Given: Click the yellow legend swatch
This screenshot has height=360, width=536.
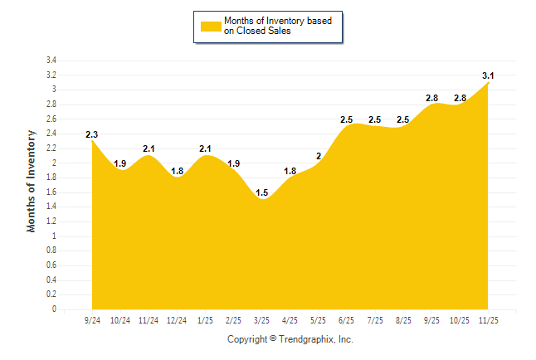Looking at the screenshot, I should click(x=211, y=26).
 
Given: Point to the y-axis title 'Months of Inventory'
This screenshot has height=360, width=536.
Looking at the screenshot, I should click(x=32, y=180).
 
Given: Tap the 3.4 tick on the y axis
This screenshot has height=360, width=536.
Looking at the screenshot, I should click(x=51, y=61).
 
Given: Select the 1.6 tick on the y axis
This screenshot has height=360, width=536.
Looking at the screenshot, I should click(x=51, y=192).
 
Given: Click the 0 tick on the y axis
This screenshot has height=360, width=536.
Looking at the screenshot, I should click(x=54, y=309).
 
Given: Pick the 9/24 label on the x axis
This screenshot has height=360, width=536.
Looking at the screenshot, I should click(x=92, y=320).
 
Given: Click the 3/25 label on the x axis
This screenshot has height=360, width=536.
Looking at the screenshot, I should click(x=262, y=320).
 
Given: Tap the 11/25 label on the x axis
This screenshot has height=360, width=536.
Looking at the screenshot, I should click(x=489, y=320).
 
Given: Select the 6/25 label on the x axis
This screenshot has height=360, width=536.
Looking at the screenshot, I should click(x=347, y=320).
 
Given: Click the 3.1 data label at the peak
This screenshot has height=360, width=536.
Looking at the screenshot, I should click(x=489, y=75).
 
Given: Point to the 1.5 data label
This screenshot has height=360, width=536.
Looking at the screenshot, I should click(x=262, y=193).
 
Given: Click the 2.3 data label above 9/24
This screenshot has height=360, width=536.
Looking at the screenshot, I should click(x=92, y=134).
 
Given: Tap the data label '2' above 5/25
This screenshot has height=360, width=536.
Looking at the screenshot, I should click(x=319, y=156).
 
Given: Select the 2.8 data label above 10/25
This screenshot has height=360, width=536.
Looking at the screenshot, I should click(x=460, y=98).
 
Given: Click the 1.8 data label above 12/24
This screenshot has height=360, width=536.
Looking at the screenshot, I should click(x=177, y=171).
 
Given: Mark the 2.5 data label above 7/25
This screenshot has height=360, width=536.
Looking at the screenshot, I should click(x=375, y=120).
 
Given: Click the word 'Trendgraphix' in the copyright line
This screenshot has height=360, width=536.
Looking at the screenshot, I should click(x=306, y=339).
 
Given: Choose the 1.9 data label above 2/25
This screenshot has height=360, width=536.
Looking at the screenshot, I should click(x=234, y=163).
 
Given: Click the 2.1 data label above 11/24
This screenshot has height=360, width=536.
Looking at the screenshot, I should click(x=149, y=148).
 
